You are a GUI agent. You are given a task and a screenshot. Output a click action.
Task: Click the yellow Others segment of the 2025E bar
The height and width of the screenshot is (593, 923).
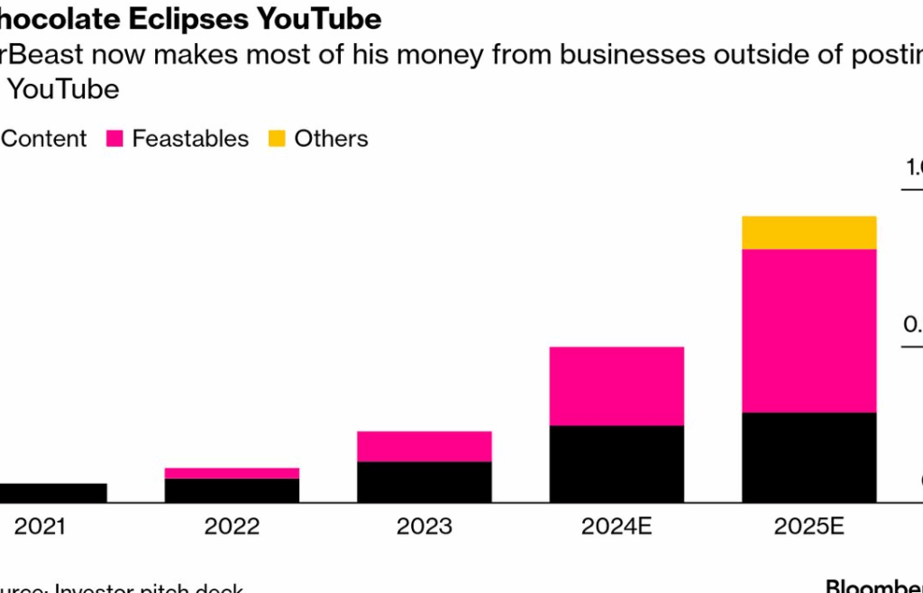[x=809, y=233]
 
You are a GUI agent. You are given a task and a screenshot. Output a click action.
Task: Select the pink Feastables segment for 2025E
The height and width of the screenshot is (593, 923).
[x=809, y=330]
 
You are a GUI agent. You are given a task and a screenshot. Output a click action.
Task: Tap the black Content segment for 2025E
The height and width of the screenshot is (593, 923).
[x=809, y=457]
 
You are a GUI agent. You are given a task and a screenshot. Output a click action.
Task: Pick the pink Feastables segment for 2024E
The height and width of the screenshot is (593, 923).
[x=617, y=386]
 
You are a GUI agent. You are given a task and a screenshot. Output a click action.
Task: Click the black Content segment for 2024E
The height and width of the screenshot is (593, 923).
[x=617, y=463]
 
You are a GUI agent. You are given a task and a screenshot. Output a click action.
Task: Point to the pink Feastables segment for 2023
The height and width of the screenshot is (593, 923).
[x=424, y=446]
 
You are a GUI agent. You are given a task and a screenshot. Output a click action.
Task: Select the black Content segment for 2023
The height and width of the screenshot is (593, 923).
[x=424, y=482]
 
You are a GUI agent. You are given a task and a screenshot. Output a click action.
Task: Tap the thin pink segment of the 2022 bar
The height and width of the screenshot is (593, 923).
[x=232, y=473]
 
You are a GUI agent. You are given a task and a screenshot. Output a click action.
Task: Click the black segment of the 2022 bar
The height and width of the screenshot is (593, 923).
[x=232, y=490]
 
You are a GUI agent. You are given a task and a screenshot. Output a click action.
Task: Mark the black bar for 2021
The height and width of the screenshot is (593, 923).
[x=52, y=492]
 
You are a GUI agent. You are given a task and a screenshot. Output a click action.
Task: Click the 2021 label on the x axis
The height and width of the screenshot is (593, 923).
[x=40, y=526]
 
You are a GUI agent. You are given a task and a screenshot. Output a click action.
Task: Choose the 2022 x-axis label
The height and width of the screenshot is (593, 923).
[x=232, y=526]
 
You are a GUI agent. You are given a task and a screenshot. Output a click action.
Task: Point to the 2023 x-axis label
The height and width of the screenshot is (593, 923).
[x=424, y=526]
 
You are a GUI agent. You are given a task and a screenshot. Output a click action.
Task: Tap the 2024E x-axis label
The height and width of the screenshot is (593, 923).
[x=617, y=526]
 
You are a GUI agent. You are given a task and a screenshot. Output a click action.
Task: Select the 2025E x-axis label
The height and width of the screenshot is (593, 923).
[x=809, y=526]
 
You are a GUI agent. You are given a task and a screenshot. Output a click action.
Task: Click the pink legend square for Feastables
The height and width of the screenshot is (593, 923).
[x=114, y=139]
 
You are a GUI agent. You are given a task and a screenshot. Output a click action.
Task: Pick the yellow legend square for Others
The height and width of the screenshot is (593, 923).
[x=277, y=139]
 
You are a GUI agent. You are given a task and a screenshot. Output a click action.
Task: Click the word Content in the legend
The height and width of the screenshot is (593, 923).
[x=45, y=139]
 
